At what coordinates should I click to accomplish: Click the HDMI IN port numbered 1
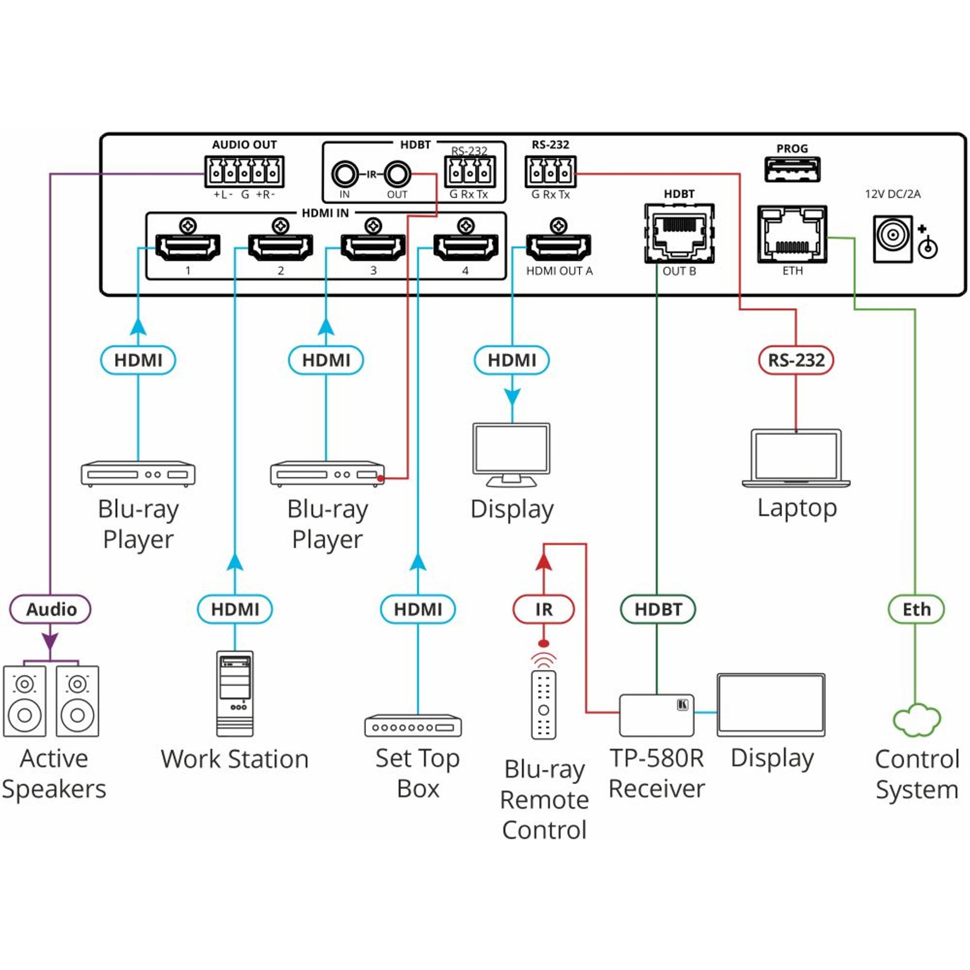coord(187,247)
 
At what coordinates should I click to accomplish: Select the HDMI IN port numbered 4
coord(466,247)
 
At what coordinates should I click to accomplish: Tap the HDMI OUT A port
coord(558,247)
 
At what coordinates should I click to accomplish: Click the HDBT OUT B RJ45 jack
coord(679,233)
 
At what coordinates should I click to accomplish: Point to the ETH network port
coord(792,234)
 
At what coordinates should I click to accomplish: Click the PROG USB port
coord(792,169)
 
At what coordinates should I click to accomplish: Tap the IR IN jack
coord(345,174)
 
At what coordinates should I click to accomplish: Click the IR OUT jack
coord(397,174)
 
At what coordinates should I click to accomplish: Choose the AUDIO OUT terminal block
coord(244,172)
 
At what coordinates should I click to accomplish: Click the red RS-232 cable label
coord(796,360)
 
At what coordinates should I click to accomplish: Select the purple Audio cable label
coord(51,609)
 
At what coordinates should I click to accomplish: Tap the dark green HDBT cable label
coord(658,609)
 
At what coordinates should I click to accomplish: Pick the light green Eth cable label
coord(916,609)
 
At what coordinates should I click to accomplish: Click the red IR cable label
coord(544,609)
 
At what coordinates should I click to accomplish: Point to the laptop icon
coord(796,458)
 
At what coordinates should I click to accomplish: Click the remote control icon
coord(544,704)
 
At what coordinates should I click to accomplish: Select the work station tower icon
coord(235,693)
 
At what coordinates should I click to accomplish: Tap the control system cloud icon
coord(916,719)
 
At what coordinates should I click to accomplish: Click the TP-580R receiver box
coord(656,715)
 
